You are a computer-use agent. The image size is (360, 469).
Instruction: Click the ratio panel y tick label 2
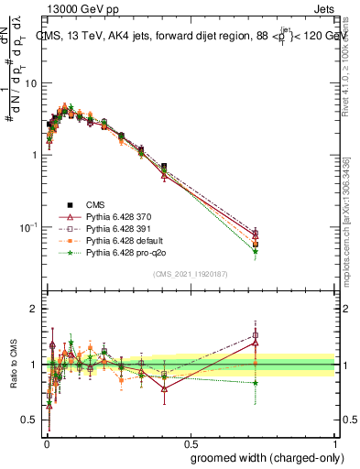[37, 309]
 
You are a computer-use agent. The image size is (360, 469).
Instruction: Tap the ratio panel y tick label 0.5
[33, 420]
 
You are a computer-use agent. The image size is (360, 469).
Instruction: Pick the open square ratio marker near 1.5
[255, 335]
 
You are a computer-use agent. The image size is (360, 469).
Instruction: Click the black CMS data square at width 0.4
[164, 167]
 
